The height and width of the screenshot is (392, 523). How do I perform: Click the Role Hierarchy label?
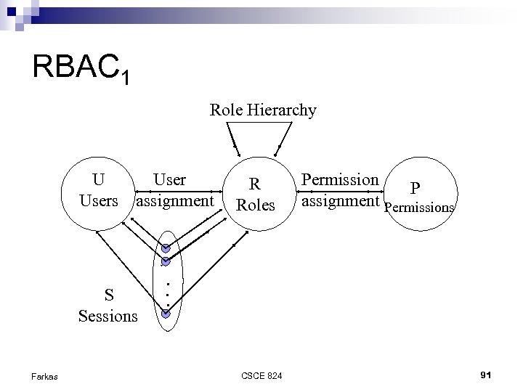[263, 110]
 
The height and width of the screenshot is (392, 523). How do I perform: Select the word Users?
[99, 200]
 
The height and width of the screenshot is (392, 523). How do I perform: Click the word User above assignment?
[169, 179]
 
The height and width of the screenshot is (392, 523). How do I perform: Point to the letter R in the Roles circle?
[255, 184]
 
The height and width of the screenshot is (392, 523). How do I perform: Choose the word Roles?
[256, 205]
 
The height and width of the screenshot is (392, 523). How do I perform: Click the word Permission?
[340, 179]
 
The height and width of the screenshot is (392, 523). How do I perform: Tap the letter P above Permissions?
[415, 189]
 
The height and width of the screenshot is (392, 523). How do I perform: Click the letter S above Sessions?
[108, 295]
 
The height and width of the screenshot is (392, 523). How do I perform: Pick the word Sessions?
[108, 316]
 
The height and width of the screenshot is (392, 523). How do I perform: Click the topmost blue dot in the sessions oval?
[166, 248]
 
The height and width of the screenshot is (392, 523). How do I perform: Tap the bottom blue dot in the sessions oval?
[166, 314]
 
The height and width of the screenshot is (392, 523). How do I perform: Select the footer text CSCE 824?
[263, 375]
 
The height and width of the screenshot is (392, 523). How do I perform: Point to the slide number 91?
[486, 374]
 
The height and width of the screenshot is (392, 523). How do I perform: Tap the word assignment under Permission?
[341, 200]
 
